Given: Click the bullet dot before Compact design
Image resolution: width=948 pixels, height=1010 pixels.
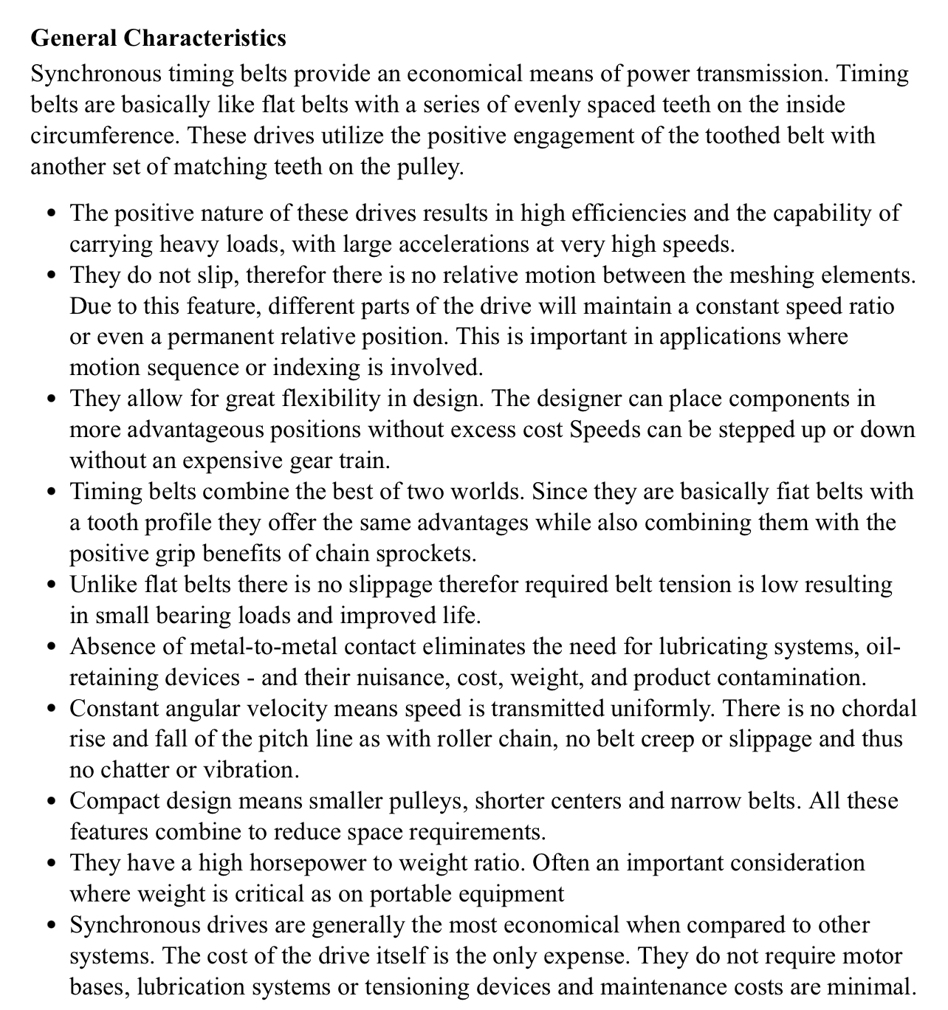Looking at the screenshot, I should (x=50, y=802).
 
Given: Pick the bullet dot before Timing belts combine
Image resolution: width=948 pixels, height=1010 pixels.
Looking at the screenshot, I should (x=50, y=492).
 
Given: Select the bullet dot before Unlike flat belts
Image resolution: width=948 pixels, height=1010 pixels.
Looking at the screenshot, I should (x=50, y=585).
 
